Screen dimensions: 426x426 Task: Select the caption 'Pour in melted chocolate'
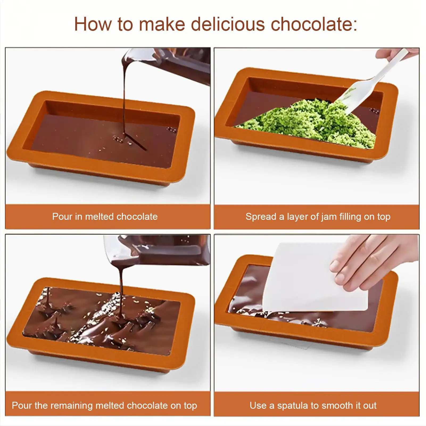[105, 217]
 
